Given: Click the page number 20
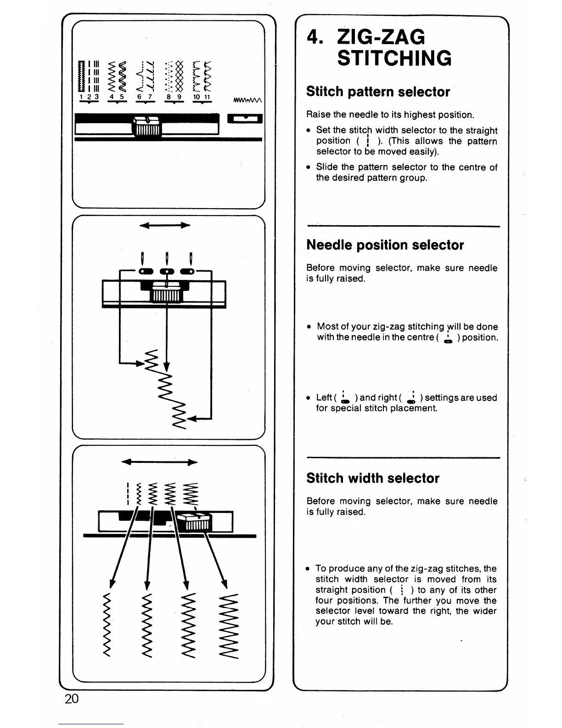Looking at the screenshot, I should (72, 699).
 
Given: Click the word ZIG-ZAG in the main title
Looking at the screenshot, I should (381, 37).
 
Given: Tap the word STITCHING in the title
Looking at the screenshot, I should (394, 58).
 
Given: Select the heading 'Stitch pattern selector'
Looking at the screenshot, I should (378, 91).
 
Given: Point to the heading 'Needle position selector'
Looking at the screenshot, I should (385, 245).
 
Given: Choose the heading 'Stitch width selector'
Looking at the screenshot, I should (373, 478).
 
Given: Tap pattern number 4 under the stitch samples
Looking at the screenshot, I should (111, 97).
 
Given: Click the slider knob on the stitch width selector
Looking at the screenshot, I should (194, 522).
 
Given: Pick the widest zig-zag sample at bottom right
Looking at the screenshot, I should (229, 626).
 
